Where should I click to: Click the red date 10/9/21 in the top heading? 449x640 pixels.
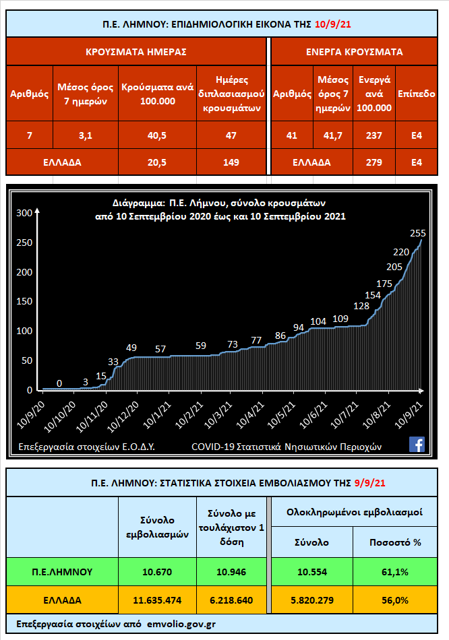point(332,25)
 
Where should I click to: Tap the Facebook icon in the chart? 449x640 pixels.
point(417,444)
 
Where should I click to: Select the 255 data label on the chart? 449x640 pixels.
point(417,233)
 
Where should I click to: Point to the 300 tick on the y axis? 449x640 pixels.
point(24,213)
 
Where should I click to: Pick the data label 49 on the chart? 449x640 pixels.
point(131,348)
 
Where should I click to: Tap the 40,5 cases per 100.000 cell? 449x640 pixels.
point(157,135)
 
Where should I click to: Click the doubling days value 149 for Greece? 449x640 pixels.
point(231,162)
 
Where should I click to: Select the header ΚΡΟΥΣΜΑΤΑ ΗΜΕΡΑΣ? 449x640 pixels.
point(136,51)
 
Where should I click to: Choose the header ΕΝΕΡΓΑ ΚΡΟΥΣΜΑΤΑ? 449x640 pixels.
point(354,51)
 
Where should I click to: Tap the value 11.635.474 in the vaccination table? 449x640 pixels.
point(157,600)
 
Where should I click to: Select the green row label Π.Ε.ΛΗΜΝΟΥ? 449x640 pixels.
point(62,572)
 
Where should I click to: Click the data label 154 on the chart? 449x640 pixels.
point(373,295)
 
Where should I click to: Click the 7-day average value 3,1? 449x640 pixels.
point(85,135)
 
